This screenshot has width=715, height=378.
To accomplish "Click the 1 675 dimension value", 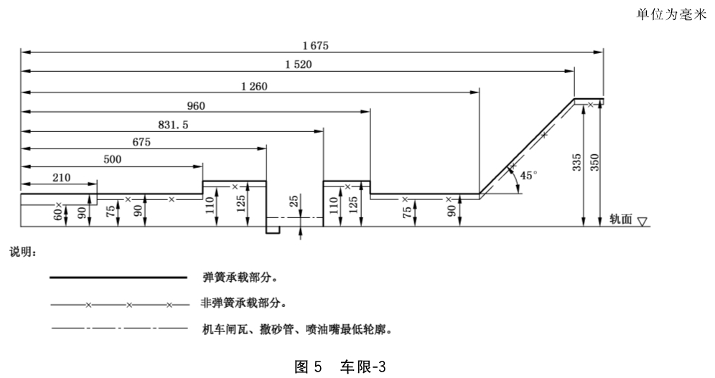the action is (316, 45).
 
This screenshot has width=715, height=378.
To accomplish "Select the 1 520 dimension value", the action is (299, 65).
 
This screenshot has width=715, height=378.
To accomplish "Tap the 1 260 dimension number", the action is (254, 87).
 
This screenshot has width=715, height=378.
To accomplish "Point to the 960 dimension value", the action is (196, 106).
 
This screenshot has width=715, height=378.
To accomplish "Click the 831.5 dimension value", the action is (173, 125).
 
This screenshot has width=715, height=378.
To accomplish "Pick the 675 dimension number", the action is (141, 142).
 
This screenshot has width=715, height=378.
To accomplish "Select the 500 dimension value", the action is (112, 159).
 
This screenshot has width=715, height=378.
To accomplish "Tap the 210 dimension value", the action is (61, 178).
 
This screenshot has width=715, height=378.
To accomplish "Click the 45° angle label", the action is (528, 175).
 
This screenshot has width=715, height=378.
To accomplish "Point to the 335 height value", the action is (577, 163).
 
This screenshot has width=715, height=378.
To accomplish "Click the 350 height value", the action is (594, 163).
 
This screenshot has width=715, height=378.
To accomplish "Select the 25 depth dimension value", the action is (294, 200).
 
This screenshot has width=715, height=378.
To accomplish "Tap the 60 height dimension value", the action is (58, 213).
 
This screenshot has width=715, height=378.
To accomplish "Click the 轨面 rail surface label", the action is (621, 219).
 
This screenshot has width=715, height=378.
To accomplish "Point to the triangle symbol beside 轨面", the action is (642, 222).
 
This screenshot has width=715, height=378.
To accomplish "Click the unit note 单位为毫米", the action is (671, 14).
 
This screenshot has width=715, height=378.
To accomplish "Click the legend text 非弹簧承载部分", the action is (243, 303).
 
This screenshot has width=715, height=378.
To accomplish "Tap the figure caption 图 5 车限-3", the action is (340, 367).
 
